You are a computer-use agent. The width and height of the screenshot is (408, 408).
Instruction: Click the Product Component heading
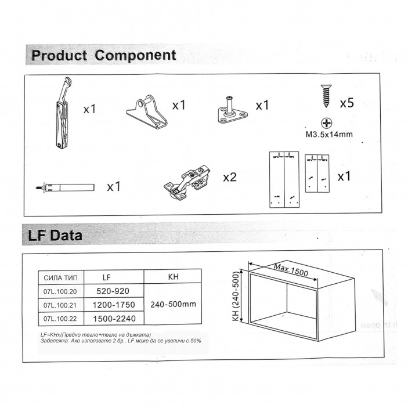pos(103,56)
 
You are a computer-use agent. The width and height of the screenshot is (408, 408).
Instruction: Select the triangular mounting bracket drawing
pos(146,110)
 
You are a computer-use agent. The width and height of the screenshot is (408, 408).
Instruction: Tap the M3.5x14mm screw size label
pos(329,135)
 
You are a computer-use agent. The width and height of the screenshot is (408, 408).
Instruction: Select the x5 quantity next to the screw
pos(346,103)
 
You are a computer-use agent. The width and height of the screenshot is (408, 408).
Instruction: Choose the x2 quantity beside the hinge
pos(230,177)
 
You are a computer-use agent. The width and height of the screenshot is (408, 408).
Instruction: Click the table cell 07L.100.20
pos(60,291)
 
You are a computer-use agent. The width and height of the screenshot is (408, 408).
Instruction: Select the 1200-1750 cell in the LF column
pos(114,305)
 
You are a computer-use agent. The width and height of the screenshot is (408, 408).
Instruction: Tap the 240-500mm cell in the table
pos(172,304)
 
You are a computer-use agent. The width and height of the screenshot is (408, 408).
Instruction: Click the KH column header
pos(172,277)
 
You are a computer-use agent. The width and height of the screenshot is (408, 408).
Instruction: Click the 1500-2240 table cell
pos(114,318)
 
